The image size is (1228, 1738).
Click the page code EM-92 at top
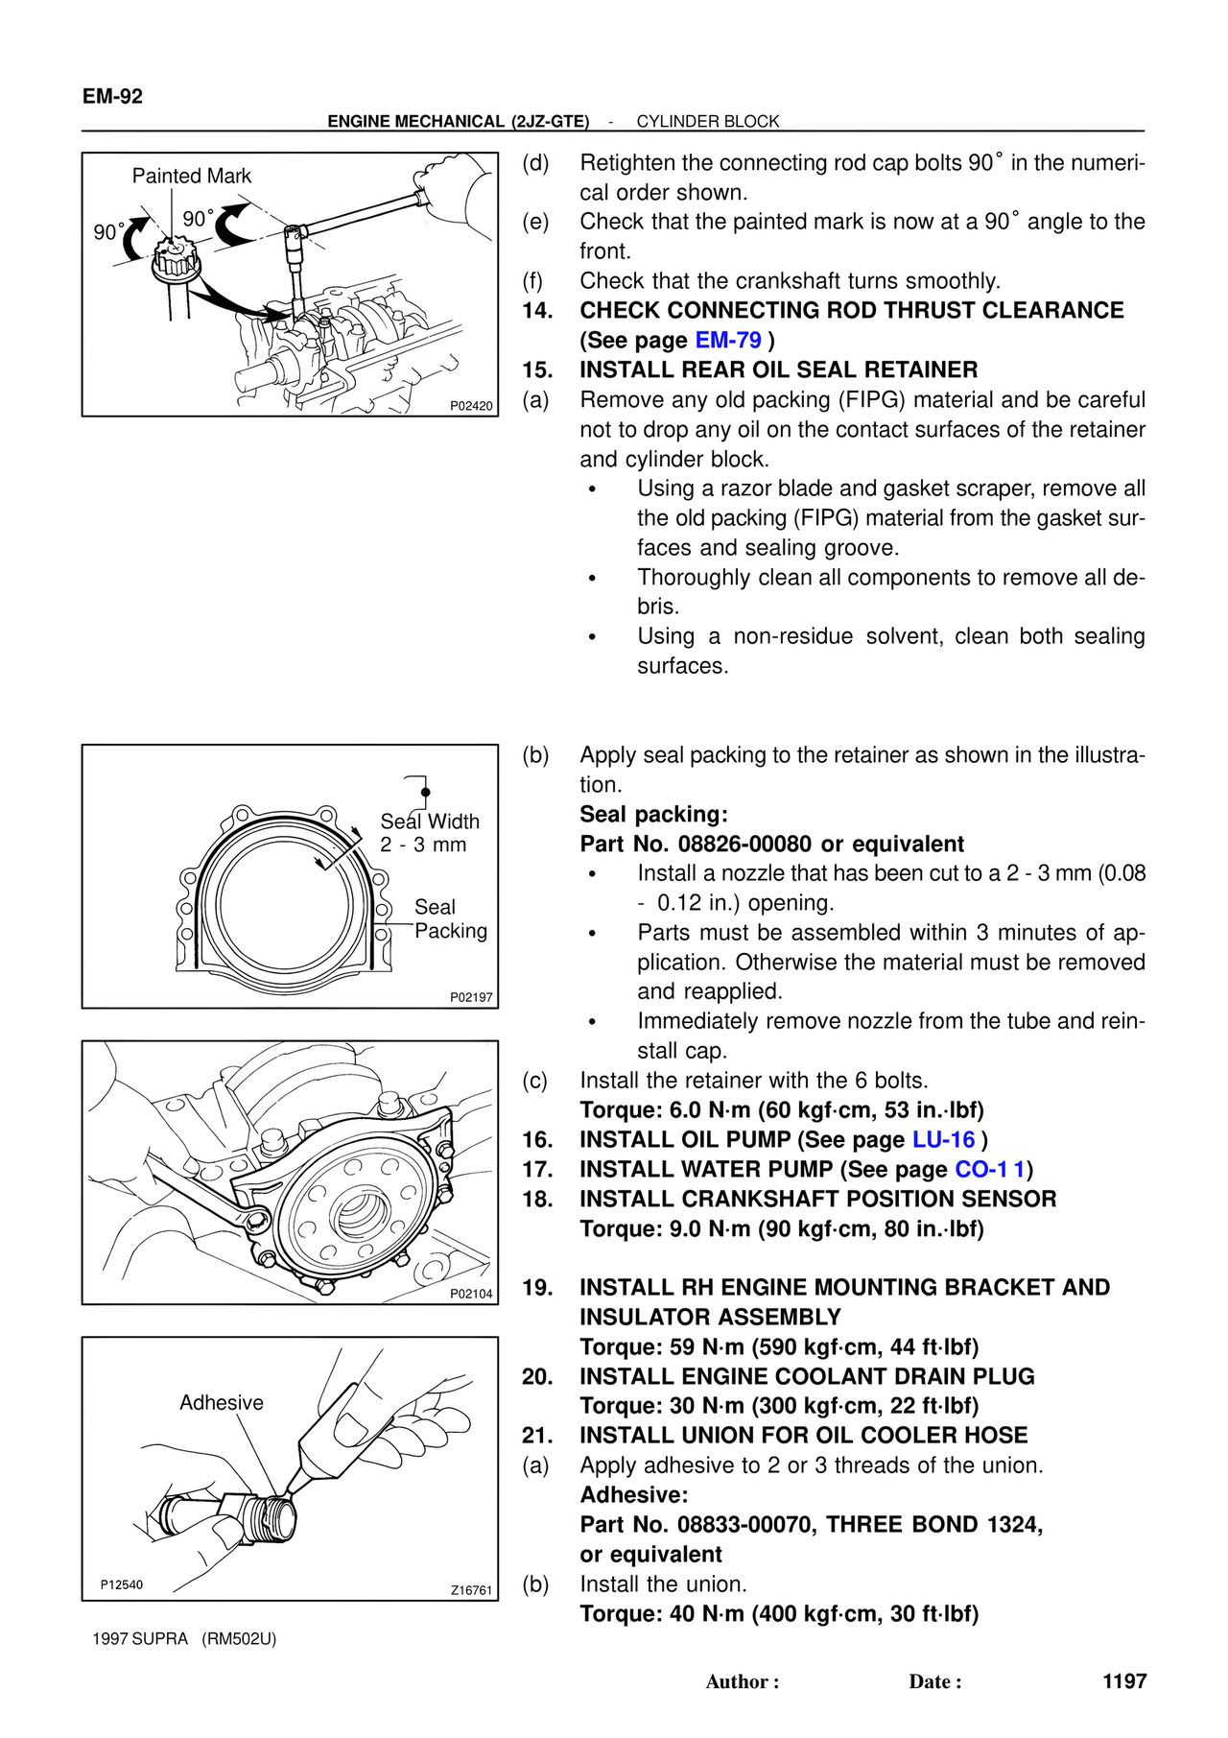tap(112, 96)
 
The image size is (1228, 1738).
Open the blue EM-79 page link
tap(728, 341)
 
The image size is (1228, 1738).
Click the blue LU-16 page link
tap(943, 1140)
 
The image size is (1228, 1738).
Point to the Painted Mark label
tap(191, 176)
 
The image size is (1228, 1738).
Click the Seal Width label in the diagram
tap(429, 822)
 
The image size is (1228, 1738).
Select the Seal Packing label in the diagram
tap(450, 919)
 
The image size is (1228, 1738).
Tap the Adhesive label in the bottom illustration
tap(221, 1403)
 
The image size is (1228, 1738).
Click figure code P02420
tap(471, 406)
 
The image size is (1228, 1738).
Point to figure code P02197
tap(471, 998)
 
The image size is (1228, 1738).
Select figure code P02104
tap(471, 1294)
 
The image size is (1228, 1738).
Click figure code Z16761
tap(471, 1590)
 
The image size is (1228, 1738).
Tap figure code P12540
tap(122, 1584)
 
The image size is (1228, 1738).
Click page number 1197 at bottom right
tap(1124, 1681)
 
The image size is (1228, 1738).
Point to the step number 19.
tap(537, 1288)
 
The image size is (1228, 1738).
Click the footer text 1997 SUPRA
tap(140, 1639)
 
